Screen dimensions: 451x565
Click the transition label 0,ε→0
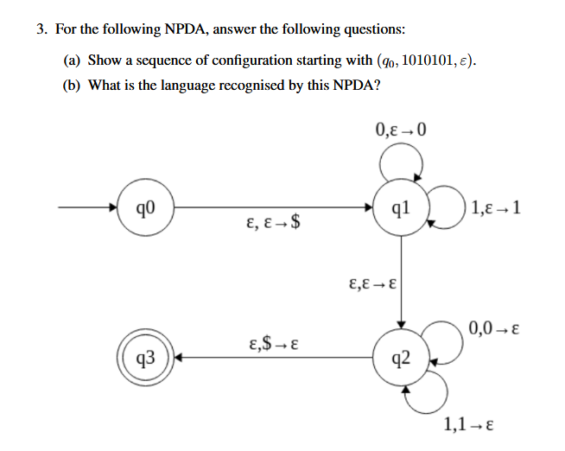(402, 131)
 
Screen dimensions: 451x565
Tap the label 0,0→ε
(493, 328)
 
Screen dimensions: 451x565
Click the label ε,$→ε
(273, 343)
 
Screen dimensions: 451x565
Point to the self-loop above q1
(402, 161)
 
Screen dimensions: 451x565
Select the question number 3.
(41, 29)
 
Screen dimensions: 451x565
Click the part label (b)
(73, 86)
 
